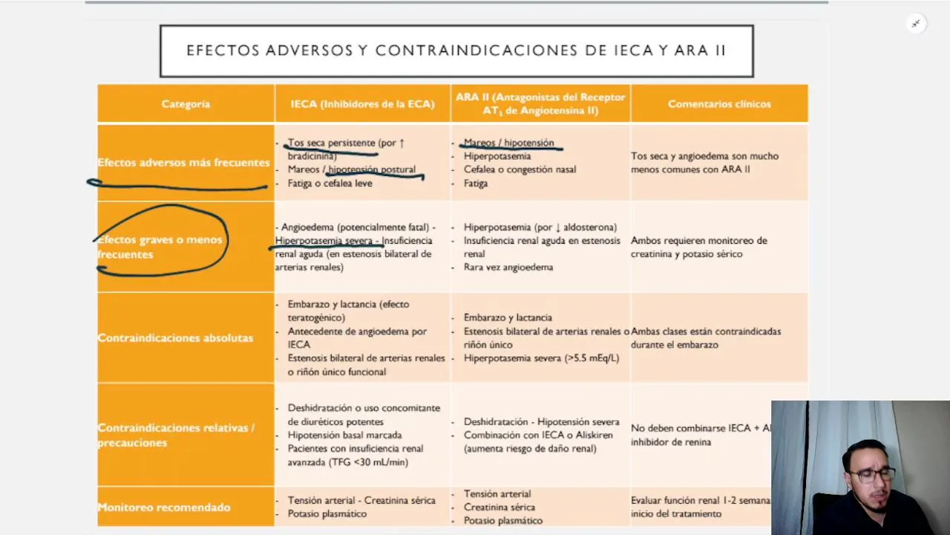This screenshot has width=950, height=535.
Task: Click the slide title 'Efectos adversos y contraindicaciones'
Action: pos(456,51)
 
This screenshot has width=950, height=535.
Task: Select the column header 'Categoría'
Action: pos(186,104)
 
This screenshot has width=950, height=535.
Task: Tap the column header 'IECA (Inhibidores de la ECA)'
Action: pos(362,104)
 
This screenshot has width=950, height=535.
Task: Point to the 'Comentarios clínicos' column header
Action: pos(719,104)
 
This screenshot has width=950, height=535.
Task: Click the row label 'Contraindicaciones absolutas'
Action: pos(175,338)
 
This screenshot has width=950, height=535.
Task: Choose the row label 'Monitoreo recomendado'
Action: pos(164,508)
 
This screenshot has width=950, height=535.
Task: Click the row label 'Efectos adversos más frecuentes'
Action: pos(183,163)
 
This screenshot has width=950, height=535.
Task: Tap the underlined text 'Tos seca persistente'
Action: pos(331,143)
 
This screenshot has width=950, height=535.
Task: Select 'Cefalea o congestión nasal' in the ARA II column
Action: pos(520,169)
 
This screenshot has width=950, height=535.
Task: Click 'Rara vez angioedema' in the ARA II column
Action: pos(508,267)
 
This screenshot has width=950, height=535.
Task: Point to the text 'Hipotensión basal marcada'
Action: pos(344,435)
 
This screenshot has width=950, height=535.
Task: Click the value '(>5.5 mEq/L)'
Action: pos(592,358)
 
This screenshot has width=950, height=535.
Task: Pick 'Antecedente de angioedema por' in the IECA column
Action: pos(357,331)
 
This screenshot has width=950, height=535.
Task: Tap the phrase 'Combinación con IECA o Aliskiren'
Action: pos(528,435)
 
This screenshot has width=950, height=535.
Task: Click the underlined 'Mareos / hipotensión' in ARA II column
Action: pos(508,143)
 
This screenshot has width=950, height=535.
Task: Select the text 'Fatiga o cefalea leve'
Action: pos(330,184)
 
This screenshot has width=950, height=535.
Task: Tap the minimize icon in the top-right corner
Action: pos(916,24)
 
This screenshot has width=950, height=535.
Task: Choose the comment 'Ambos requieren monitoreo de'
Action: pos(698,241)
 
